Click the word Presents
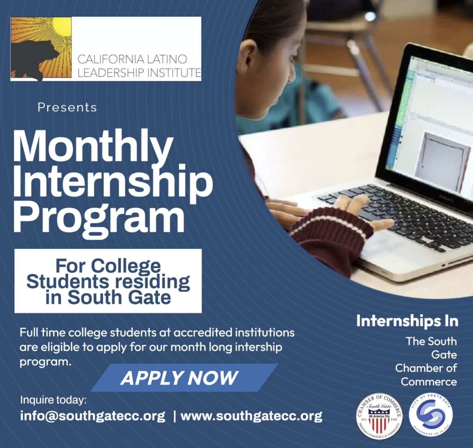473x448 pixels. (67, 107)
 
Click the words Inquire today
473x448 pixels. (53, 400)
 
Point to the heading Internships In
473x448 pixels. (407, 321)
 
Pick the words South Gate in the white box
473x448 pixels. (120, 297)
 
